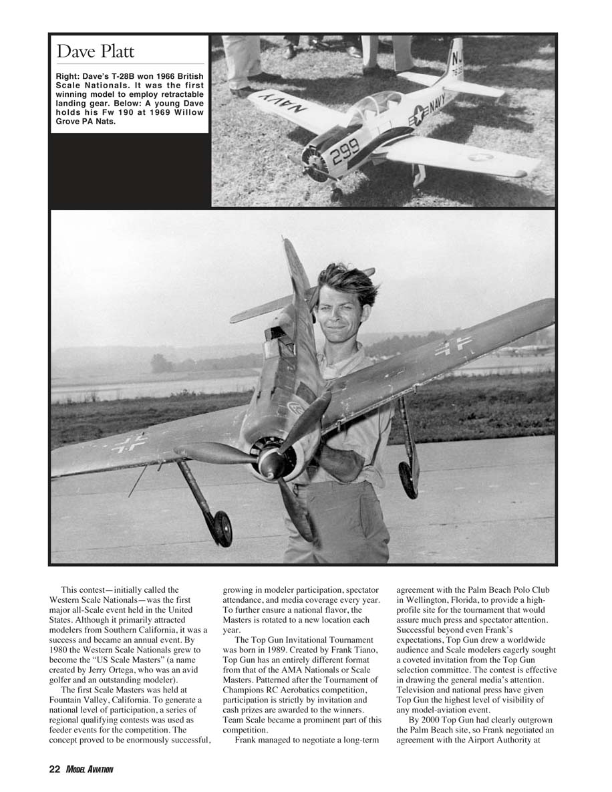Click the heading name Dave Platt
point(96,51)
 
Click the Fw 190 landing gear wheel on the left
point(222,528)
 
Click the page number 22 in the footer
point(55,770)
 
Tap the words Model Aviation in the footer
point(90,770)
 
